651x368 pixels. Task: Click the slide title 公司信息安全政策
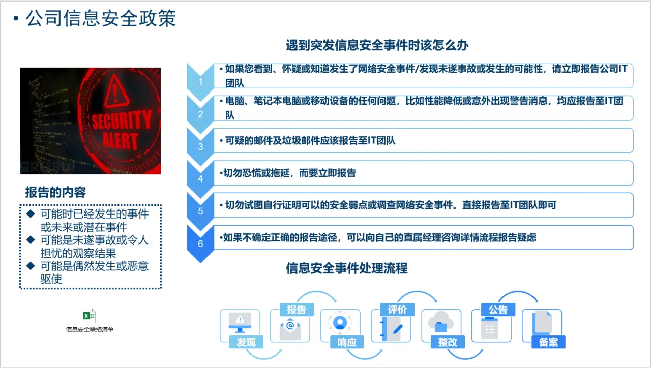coord(101,18)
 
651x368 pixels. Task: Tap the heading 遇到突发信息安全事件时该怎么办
coord(377,45)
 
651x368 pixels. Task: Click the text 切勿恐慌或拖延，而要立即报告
coord(289,173)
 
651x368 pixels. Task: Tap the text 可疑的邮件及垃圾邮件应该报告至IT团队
coord(310,141)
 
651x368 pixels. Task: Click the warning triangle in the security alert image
coord(116,91)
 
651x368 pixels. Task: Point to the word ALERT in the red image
coord(120,141)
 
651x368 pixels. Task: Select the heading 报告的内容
coord(55,192)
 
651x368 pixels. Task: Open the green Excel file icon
coord(89,316)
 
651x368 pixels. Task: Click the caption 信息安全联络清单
coord(90,329)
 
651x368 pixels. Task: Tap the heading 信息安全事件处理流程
coord(347,268)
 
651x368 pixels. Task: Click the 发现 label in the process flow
coord(246,342)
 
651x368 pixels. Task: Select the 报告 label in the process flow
coord(297,310)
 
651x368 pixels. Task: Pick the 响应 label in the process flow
coord(347,342)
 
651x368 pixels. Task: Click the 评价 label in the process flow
coord(397,310)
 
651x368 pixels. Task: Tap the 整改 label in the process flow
coord(448,342)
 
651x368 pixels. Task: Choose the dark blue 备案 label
coord(548,342)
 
